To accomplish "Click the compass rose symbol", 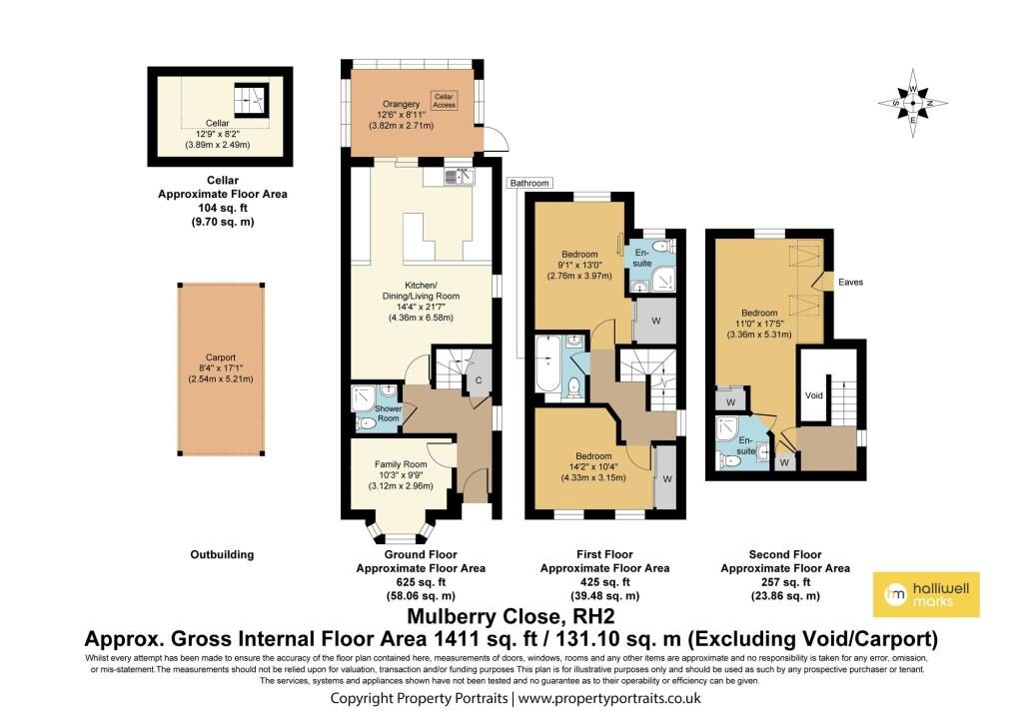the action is [913, 103].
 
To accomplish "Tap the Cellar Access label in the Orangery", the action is [444, 101].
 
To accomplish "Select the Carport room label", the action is [221, 358].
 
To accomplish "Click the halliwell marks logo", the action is [926, 594].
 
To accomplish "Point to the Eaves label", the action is [850, 282].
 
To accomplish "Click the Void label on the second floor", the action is [813, 395].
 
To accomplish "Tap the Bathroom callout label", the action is [529, 184].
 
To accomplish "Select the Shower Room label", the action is [389, 413].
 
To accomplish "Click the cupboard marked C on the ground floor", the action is [479, 373].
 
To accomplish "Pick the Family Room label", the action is [401, 464].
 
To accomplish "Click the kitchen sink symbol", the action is [460, 176].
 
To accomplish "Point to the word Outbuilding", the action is [222, 554].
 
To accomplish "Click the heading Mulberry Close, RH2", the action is [511, 616].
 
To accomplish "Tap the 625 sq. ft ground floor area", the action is [421, 582].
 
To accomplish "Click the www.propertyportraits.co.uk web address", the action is [609, 698].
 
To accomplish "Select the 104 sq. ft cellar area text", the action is [223, 208].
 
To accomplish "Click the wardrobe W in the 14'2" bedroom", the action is [666, 478].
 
